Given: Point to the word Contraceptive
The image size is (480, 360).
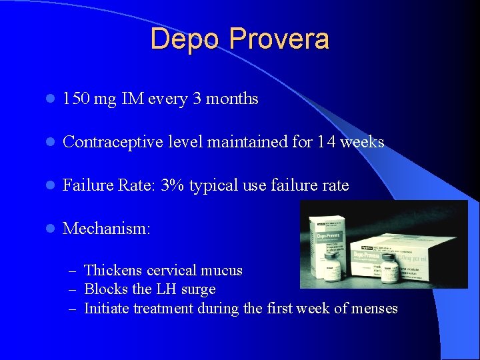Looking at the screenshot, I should [109, 142].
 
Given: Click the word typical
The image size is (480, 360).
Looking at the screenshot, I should [213, 185].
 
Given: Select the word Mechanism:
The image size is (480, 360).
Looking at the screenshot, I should [107, 229].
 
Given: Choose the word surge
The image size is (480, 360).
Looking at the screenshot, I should [199, 289].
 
